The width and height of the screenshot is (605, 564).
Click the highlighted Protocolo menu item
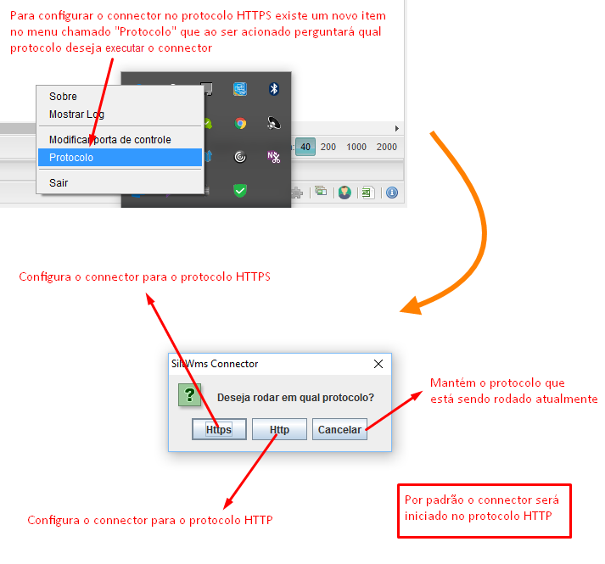point(120,158)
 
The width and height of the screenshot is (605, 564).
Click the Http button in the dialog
point(279,429)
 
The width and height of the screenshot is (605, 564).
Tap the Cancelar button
point(339,429)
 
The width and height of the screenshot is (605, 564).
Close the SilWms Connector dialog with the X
point(378,364)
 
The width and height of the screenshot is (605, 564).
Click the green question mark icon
point(189,394)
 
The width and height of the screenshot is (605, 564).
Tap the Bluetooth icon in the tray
point(274,89)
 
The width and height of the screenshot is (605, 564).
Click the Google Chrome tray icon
point(240,124)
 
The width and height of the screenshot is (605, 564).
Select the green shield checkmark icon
point(240,191)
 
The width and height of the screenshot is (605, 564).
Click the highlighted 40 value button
point(305,147)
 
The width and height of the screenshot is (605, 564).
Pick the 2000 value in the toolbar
point(387,147)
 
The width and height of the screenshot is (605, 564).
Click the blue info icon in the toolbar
point(392,193)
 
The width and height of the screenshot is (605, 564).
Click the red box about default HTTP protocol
point(485,511)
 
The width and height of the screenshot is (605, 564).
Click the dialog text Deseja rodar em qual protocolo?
point(295,398)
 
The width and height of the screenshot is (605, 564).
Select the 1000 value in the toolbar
point(356,147)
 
